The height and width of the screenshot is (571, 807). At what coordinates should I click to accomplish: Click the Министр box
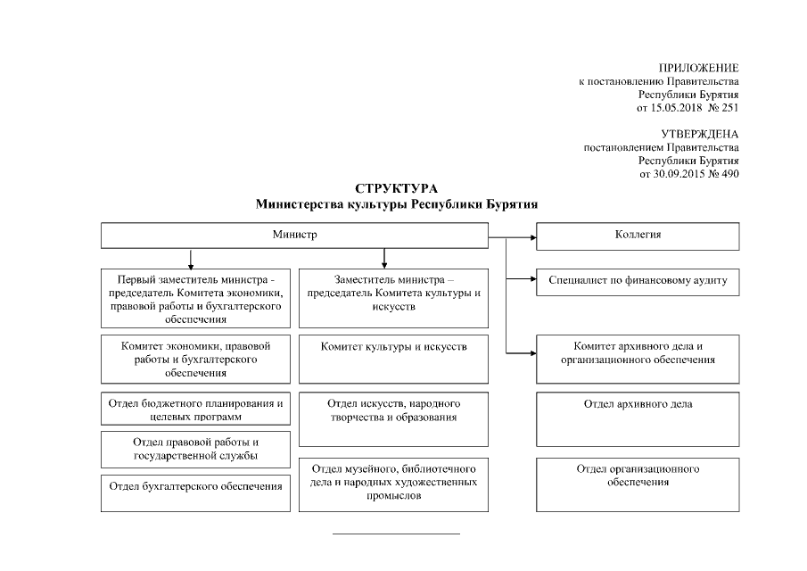point(294,236)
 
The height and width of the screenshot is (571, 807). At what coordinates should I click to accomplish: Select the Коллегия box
point(638,236)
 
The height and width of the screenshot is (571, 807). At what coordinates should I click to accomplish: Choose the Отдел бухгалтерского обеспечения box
point(195,493)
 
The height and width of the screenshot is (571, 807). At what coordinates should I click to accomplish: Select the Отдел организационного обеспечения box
point(638,484)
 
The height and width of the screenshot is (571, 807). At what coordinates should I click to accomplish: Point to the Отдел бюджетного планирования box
point(195,410)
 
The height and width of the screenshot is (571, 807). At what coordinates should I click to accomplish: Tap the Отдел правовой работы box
point(195,449)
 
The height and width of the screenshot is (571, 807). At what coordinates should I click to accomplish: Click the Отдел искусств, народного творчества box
point(393,418)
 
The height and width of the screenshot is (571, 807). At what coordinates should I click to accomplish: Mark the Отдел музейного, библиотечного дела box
point(393,485)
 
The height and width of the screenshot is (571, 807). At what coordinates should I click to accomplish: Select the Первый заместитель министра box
point(195,298)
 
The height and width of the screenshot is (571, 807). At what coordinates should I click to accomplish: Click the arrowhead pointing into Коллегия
point(531,238)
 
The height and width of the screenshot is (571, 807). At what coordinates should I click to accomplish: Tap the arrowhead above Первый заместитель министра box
point(190,264)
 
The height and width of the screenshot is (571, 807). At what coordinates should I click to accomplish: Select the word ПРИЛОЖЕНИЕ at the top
point(698,69)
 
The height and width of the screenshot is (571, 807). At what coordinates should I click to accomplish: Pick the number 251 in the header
point(729,108)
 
